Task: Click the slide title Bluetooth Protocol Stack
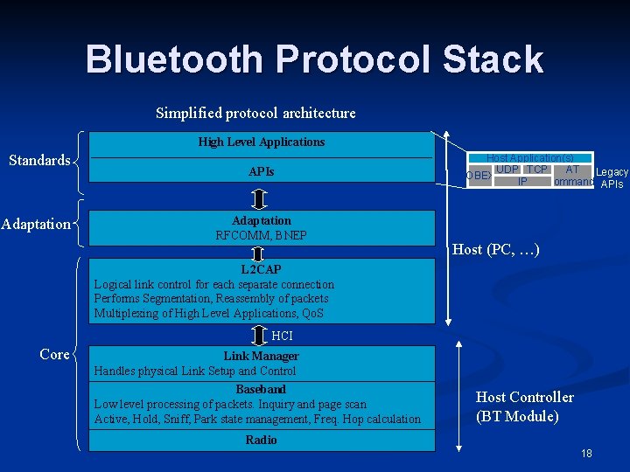[314, 59]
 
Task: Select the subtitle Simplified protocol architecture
[255, 113]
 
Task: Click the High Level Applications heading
[261, 142]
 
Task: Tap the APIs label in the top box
[261, 171]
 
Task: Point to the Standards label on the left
[39, 160]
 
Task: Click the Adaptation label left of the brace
[36, 224]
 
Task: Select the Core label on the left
[54, 354]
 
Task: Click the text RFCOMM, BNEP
[261, 235]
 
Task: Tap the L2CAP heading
[261, 269]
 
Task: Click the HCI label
[283, 336]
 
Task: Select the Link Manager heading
[261, 356]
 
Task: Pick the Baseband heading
[261, 389]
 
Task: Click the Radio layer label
[261, 440]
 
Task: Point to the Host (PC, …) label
[496, 250]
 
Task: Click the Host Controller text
[525, 397]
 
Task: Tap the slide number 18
[586, 454]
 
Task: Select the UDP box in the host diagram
[507, 169]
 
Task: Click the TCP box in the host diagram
[537, 169]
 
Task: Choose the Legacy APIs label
[612, 178]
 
